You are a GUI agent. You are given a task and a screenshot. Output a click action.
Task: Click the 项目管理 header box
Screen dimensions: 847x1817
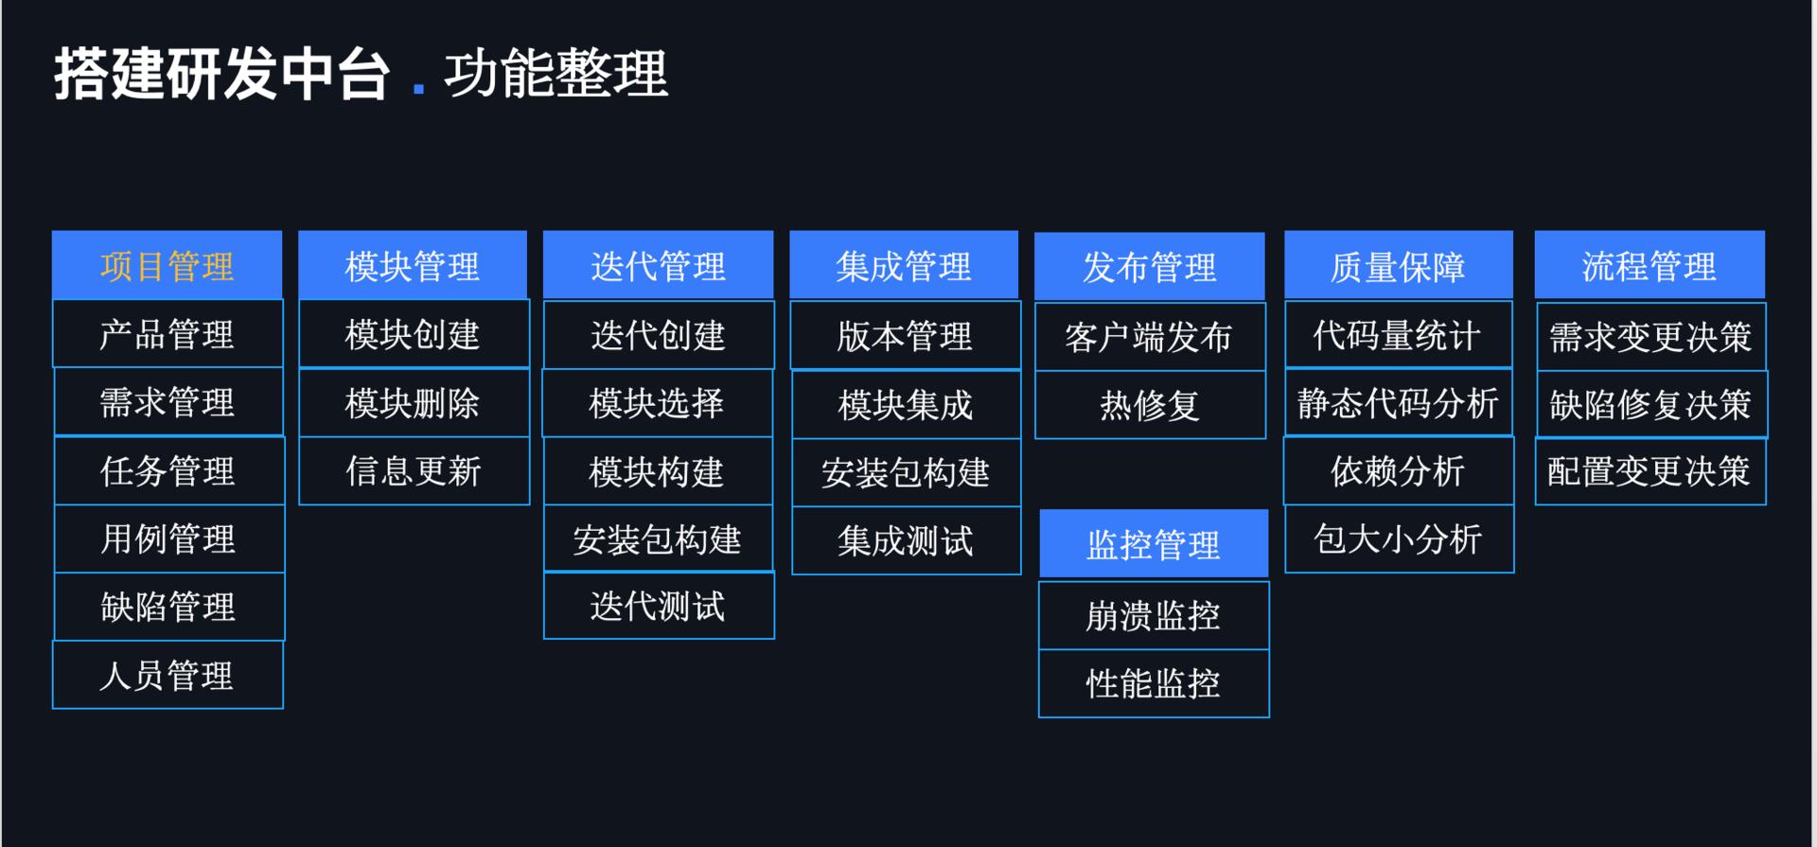point(168,266)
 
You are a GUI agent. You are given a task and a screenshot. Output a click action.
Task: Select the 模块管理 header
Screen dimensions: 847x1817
point(413,266)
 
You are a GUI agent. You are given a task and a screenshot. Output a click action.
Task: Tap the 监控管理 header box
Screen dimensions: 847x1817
point(1154,544)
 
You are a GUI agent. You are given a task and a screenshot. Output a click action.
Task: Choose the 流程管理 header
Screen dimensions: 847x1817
point(1649,266)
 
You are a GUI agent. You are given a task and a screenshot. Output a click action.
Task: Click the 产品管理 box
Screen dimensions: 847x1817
point(168,334)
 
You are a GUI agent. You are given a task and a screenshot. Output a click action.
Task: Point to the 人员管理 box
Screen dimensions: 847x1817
point(168,675)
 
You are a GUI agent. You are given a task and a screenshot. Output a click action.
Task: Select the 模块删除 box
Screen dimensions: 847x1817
point(414,403)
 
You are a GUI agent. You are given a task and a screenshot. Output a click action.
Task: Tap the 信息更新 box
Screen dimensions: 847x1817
point(414,471)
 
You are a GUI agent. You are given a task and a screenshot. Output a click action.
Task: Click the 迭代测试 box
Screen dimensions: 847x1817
point(659,606)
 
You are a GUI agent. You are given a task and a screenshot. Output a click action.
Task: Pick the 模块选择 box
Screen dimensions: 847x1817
point(657,403)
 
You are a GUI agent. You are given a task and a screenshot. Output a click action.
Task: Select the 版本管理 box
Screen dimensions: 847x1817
point(906,336)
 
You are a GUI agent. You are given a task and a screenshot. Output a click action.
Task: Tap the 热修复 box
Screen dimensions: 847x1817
point(1150,405)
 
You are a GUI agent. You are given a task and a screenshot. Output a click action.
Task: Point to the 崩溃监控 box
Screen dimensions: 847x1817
point(1154,616)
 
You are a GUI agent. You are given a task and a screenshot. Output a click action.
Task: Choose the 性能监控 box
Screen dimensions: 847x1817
point(1154,683)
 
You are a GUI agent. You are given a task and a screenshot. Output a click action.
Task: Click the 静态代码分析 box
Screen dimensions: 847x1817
point(1398,403)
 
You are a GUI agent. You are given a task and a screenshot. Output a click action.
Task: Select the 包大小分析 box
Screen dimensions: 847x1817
point(1399,539)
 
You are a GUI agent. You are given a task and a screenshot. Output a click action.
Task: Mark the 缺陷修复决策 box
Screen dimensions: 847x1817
point(1651,405)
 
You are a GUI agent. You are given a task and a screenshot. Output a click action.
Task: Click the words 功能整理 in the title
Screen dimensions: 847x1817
point(556,74)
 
